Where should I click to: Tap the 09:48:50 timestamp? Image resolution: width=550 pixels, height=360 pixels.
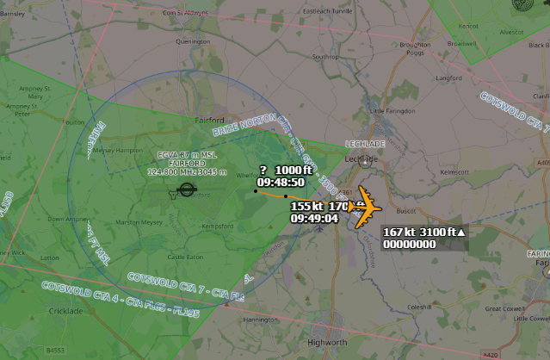pos(281,183)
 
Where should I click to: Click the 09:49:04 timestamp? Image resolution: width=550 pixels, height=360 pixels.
pos(314,219)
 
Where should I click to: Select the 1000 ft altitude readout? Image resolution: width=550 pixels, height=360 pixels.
pos(295,171)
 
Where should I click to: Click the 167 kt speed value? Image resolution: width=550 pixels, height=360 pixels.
pos(399,233)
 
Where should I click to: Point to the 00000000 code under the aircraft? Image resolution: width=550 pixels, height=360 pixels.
pos(409,244)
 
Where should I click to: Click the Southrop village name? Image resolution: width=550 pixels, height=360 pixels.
pos(325,57)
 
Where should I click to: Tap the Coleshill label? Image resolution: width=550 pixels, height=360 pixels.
pos(420,306)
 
